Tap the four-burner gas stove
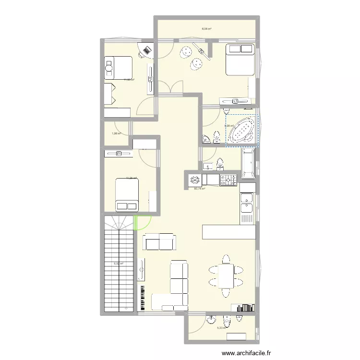point(228,180)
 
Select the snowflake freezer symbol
point(195,180)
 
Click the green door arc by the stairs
point(143,222)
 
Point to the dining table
point(225,276)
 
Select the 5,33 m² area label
point(222,328)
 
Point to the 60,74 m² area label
point(199,189)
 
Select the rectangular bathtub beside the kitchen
point(248,163)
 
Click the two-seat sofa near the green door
point(159,241)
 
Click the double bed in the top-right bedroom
point(240,60)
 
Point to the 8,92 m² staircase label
point(118,263)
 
